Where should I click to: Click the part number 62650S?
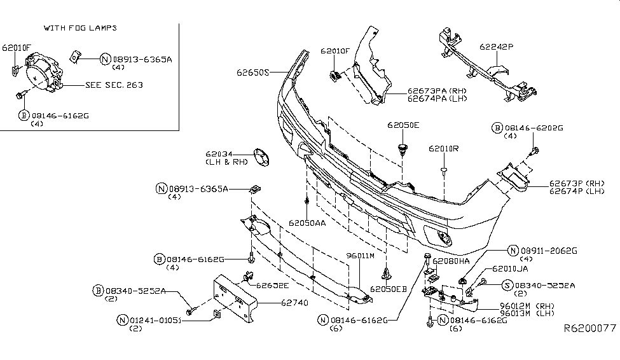254,73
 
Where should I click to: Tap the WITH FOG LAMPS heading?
80,29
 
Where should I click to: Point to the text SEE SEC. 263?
114,85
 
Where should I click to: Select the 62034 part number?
218,154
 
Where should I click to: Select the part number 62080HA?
451,261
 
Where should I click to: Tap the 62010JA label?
510,270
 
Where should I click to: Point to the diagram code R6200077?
589,329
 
